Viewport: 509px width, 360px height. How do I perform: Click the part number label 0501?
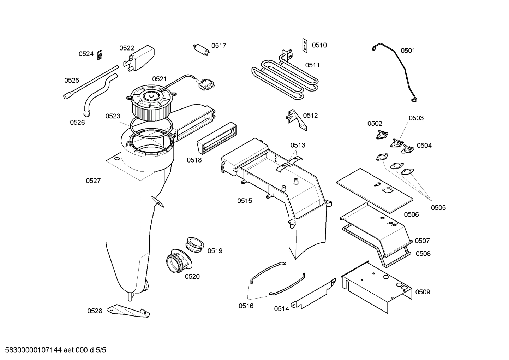408,51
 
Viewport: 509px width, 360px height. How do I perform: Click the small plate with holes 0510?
304,45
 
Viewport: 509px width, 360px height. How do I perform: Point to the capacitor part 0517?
202,49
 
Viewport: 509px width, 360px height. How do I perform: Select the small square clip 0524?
100,54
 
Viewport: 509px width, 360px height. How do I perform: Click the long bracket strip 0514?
313,294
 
